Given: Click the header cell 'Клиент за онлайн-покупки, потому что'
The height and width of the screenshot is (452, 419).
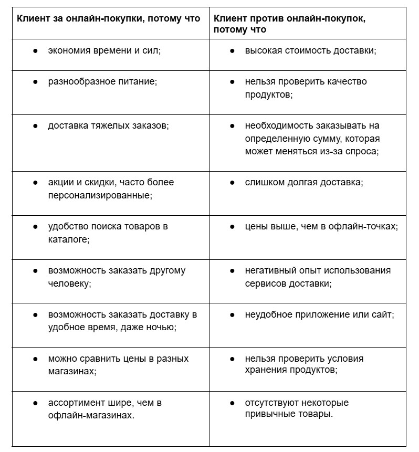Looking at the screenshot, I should pyautogui.click(x=108, y=18).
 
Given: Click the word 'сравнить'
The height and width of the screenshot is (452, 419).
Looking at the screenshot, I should pyautogui.click(x=96, y=359).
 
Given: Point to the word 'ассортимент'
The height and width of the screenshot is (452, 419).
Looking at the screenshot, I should pyautogui.click(x=74, y=403).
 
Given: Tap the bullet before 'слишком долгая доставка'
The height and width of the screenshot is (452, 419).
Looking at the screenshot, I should pyautogui.click(x=232, y=183).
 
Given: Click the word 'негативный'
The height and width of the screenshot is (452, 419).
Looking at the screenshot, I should pyautogui.click(x=268, y=271).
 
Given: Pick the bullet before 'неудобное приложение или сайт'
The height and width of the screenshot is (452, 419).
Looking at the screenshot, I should pyautogui.click(x=232, y=315).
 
